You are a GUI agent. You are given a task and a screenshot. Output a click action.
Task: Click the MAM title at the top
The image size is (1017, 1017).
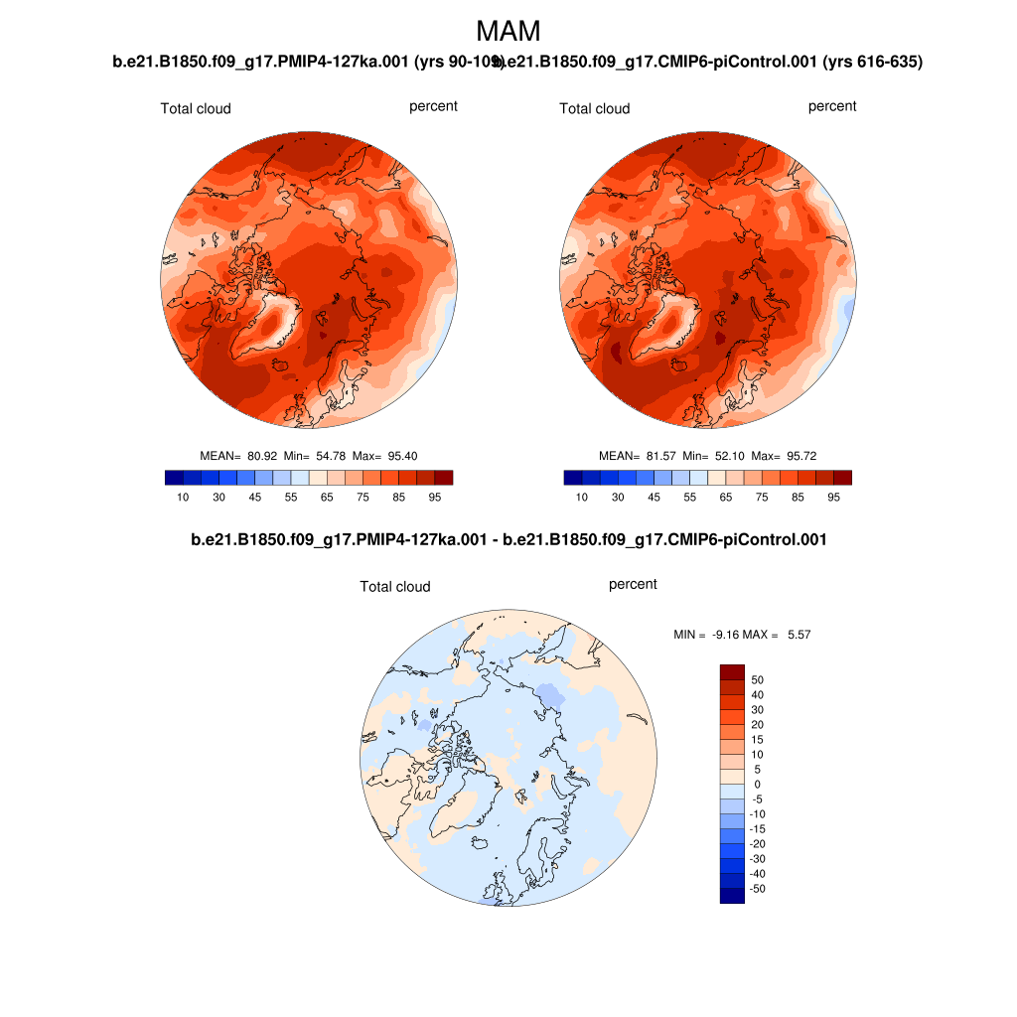pyautogui.click(x=508, y=31)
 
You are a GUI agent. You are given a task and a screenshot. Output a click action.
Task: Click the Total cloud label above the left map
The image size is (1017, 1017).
pyautogui.click(x=196, y=108)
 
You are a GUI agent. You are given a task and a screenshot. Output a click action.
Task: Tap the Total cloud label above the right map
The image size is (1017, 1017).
pyautogui.click(x=594, y=108)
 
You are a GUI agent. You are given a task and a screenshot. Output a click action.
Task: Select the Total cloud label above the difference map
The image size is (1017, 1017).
pyautogui.click(x=395, y=587)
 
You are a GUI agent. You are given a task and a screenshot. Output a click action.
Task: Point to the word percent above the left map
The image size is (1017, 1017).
pyautogui.click(x=433, y=106)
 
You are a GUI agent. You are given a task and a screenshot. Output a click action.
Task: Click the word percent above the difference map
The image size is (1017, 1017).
pyautogui.click(x=633, y=584)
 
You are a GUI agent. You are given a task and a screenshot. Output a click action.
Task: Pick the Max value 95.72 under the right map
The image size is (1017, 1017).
pyautogui.click(x=799, y=456)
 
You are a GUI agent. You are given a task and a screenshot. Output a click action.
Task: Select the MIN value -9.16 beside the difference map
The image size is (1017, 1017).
pyautogui.click(x=726, y=634)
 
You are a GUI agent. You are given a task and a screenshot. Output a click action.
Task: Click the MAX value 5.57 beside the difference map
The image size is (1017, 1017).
pyautogui.click(x=799, y=634)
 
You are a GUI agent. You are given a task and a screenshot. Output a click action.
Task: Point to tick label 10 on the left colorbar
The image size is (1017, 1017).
pyautogui.click(x=183, y=498)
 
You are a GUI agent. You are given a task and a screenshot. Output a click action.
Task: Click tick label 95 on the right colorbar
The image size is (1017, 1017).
pyautogui.click(x=833, y=498)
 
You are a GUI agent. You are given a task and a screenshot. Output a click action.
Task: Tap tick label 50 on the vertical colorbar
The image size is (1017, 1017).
pyautogui.click(x=758, y=679)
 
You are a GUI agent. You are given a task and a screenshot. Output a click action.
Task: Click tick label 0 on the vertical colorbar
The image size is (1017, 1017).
pyautogui.click(x=757, y=784)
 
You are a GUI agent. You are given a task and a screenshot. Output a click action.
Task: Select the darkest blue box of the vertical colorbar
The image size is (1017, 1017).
pyautogui.click(x=731, y=896)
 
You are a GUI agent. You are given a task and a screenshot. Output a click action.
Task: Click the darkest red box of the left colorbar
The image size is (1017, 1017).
pyautogui.click(x=444, y=478)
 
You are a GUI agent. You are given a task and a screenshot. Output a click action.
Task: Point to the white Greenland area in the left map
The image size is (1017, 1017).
pyautogui.click(x=278, y=317)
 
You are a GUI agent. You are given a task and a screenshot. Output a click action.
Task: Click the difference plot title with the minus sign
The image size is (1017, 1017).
pyautogui.click(x=508, y=539)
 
